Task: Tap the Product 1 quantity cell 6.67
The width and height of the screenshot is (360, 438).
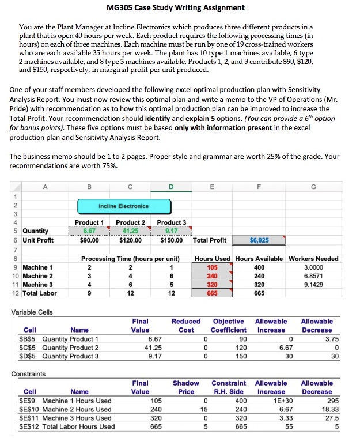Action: (89, 232)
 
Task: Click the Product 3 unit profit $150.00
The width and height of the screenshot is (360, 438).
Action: (171, 240)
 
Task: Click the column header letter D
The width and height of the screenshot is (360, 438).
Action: (171, 187)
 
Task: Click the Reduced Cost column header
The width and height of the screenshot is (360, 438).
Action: (185, 325)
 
